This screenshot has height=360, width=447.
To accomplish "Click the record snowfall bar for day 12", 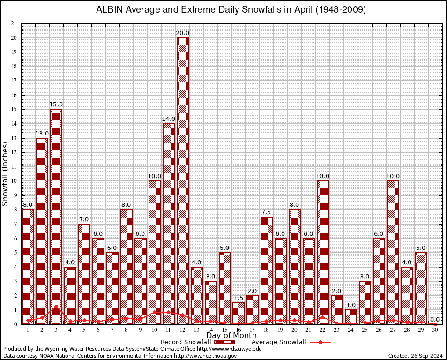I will tap(182, 180).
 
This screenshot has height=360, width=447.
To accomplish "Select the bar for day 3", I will tap(56, 216).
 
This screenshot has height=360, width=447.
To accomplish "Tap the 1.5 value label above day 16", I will tap(238, 298).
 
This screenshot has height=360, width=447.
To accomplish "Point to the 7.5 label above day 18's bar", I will tap(267, 212).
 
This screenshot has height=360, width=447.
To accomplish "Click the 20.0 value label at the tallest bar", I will tap(183, 33).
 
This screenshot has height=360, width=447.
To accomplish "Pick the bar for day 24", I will tap(351, 316).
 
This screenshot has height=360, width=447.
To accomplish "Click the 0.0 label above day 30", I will tap(435, 320).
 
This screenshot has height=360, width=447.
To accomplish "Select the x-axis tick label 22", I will tap(323, 330).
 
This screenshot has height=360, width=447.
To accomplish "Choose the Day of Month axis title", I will tap(231, 336).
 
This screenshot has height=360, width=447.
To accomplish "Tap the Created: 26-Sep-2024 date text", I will tap(416, 356).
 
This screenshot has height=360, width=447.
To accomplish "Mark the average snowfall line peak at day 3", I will tap(56, 306).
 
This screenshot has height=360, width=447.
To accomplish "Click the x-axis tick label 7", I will tap(112, 330).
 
